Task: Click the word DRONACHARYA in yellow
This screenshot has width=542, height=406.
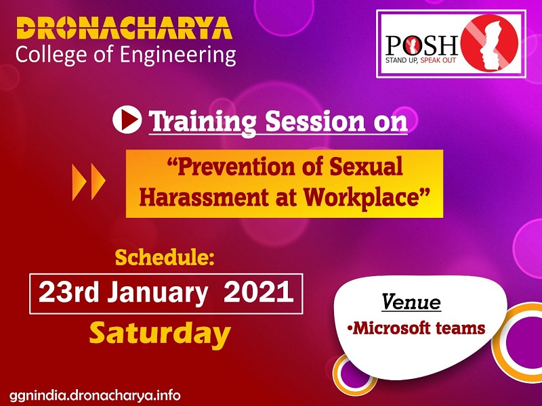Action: (124, 28)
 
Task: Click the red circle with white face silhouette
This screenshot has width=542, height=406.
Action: (489, 43)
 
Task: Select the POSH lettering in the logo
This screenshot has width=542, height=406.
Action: (422, 45)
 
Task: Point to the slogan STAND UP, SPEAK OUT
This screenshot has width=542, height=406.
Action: (421, 60)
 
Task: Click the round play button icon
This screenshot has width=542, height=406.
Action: (127, 120)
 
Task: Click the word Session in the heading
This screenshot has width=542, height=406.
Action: (315, 121)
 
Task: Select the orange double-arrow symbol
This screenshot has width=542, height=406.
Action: (89, 182)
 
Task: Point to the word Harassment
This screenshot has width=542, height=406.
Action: (204, 198)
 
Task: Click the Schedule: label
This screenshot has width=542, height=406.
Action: (165, 258)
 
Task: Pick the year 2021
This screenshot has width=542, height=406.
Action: (259, 292)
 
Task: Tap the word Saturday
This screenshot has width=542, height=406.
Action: (160, 333)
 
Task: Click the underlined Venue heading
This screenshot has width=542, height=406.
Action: (411, 302)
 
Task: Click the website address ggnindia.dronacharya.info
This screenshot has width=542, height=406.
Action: (95, 395)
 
